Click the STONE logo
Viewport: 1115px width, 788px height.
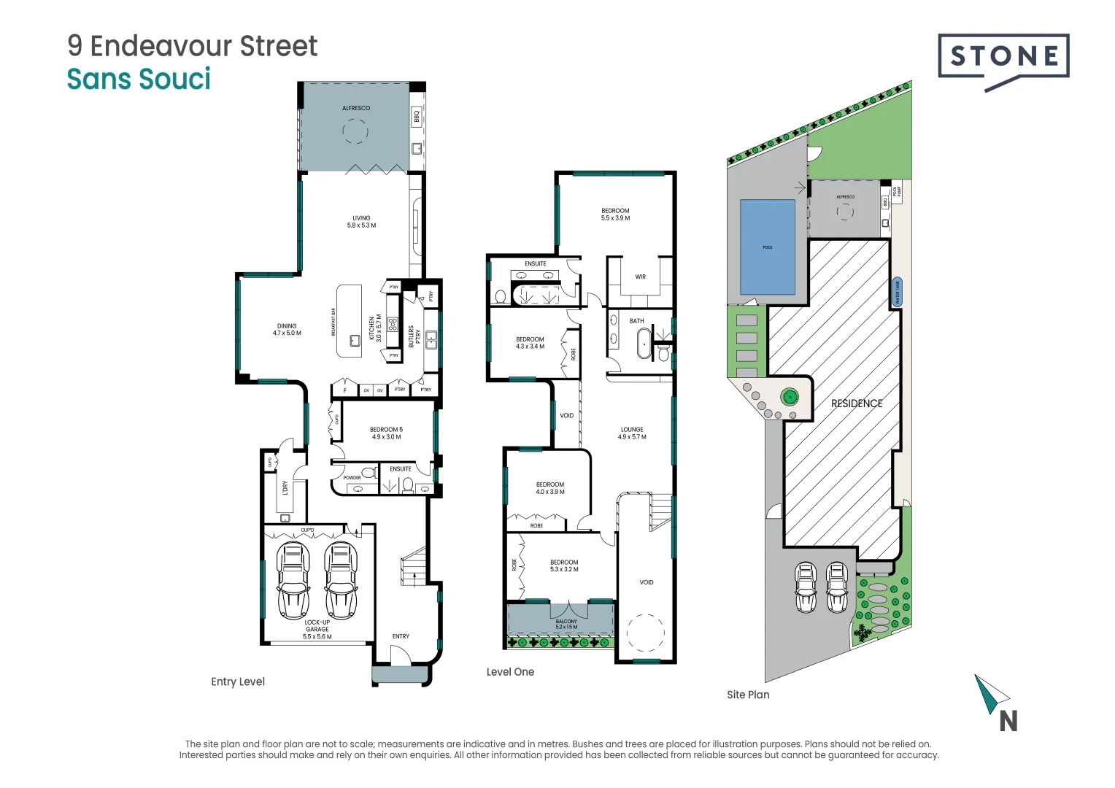click(x=1003, y=57)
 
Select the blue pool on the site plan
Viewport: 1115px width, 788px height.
click(x=768, y=247)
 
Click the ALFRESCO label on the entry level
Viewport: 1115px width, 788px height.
click(x=356, y=108)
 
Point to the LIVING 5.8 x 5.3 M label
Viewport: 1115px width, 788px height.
click(x=361, y=222)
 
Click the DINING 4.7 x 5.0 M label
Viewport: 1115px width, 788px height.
click(x=287, y=330)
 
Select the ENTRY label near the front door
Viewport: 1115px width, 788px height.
click(x=401, y=636)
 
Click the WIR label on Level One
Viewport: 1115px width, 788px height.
click(x=640, y=277)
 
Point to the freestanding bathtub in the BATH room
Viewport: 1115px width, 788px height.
click(x=644, y=344)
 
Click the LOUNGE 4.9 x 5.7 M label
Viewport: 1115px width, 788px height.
click(x=632, y=433)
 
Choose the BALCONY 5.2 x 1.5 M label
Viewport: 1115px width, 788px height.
click(x=566, y=625)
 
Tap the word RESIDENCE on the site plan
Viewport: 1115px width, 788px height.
click(x=857, y=403)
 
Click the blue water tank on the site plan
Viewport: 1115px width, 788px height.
click(x=898, y=292)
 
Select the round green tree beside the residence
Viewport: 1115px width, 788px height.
click(x=789, y=397)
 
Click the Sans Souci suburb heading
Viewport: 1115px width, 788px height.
click(x=139, y=79)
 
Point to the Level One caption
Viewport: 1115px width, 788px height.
click(x=510, y=672)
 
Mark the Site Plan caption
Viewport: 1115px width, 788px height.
click(x=748, y=695)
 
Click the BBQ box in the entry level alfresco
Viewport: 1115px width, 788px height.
click(x=417, y=116)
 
